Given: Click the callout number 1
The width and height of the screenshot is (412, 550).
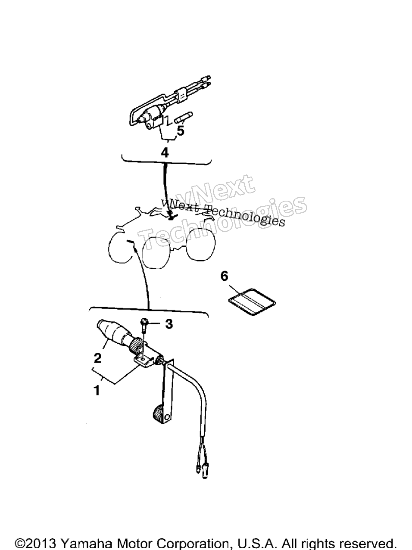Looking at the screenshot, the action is [97, 390].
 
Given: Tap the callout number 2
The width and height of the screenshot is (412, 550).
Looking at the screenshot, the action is [97, 358].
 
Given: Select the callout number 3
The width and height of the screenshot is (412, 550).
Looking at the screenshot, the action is [169, 324].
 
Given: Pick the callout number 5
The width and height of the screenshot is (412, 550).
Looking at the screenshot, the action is [181, 131].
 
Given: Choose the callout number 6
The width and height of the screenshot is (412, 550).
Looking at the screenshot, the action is [224, 276].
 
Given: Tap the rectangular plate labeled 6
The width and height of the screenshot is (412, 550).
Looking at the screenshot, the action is [252, 301].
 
